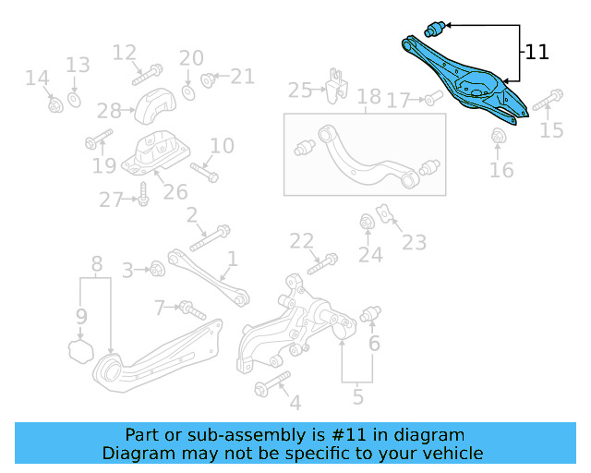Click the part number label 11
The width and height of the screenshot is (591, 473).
pyautogui.click(x=537, y=52)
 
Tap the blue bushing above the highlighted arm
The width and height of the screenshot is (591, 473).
pyautogui.click(x=435, y=28)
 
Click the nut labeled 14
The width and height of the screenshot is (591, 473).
pyautogui.click(x=54, y=104)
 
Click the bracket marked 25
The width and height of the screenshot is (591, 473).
pyautogui.click(x=334, y=84)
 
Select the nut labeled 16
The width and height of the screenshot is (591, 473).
pyautogui.click(x=500, y=138)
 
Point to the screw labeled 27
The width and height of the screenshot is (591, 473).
pyautogui.click(x=143, y=194)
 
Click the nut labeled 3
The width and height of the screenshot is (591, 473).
pyautogui.click(x=156, y=269)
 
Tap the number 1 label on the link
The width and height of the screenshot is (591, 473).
pyautogui.click(x=233, y=260)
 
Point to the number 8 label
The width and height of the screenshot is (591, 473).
pyautogui.click(x=96, y=264)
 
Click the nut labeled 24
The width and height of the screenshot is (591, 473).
pyautogui.click(x=367, y=222)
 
